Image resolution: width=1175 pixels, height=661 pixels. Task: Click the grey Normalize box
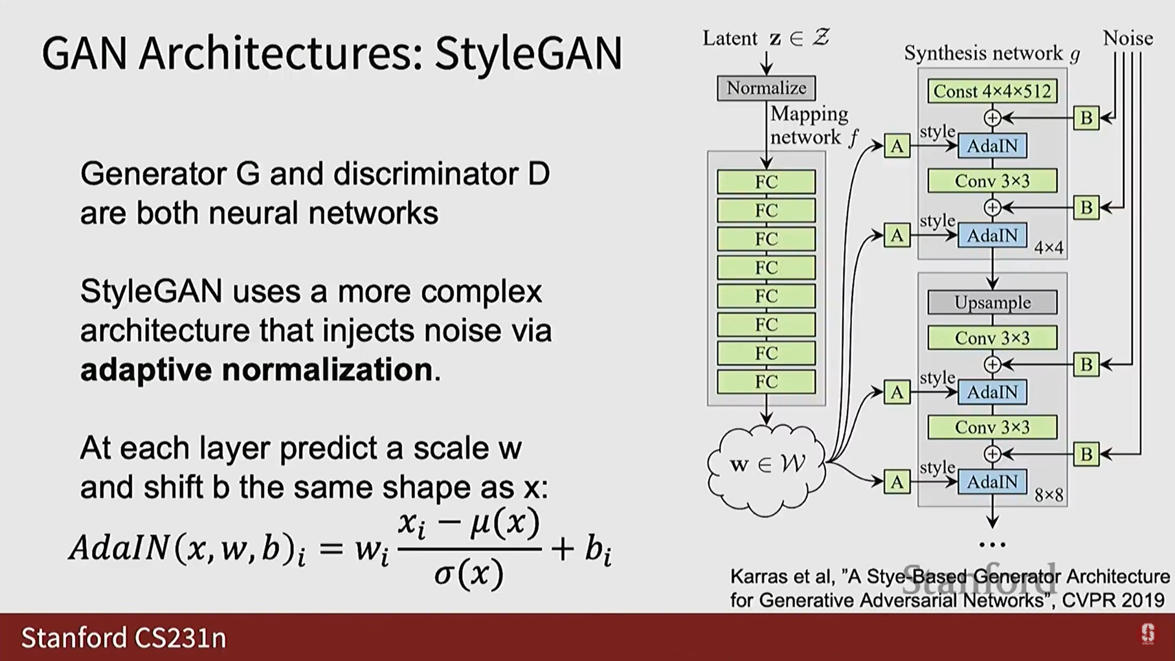(766, 88)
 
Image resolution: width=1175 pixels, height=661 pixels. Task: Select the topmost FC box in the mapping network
(766, 182)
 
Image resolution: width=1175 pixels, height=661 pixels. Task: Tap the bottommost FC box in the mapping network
(766, 382)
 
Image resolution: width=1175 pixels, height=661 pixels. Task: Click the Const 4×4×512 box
(992, 91)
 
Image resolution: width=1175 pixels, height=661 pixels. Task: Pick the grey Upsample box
(992, 302)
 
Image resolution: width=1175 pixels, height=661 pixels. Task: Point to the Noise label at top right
(1128, 39)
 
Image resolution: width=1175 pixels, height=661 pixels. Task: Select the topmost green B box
(1086, 118)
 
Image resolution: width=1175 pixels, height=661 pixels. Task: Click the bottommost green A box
(897, 482)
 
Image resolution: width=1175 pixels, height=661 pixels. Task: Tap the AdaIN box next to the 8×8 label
(992, 482)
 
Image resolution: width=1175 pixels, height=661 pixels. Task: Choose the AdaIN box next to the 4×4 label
(992, 236)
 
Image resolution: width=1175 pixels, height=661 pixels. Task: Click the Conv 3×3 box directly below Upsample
(992, 338)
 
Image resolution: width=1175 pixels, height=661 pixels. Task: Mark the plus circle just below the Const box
(992, 118)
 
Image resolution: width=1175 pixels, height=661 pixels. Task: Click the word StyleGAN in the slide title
(528, 54)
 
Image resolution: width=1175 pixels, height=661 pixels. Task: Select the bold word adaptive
(146, 370)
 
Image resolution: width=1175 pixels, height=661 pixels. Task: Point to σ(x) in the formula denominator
(469, 574)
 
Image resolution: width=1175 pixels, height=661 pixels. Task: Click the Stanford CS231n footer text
(124, 638)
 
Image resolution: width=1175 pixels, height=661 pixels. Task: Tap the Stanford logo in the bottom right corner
(1147, 634)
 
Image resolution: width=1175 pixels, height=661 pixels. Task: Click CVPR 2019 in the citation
(1113, 600)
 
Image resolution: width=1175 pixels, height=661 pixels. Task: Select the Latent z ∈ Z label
(766, 39)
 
